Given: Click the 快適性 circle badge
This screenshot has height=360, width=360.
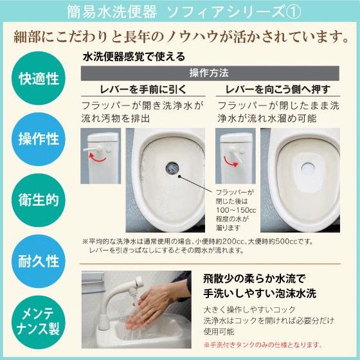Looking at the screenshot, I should click(39, 80).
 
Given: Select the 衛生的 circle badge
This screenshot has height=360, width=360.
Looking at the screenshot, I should click(39, 200).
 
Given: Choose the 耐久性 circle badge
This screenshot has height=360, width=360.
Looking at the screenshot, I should click(39, 260).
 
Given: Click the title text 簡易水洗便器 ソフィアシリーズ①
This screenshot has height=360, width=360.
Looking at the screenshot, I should click(179, 11).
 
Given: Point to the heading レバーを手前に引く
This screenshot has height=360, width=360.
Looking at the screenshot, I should click(141, 89).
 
